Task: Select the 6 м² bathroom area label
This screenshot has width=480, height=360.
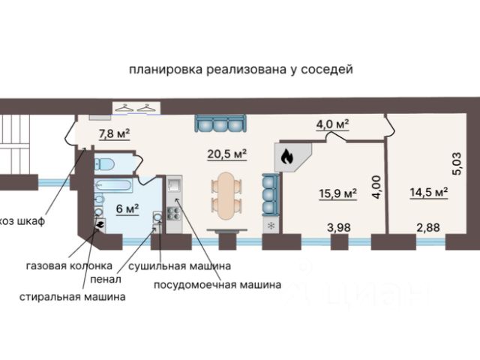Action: (126, 208)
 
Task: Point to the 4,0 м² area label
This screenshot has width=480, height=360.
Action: (334, 123)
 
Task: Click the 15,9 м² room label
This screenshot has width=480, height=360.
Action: (337, 193)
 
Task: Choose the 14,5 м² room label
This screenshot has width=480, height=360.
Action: (429, 192)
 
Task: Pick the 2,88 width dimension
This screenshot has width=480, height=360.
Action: (427, 225)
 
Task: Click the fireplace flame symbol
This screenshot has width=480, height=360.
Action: (286, 156)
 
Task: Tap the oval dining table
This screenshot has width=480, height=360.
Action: (226, 193)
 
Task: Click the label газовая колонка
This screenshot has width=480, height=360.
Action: (69, 266)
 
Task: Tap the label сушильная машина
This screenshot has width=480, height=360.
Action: (178, 266)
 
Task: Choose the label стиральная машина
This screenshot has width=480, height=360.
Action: (73, 297)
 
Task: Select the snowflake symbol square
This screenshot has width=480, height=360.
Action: (271, 225)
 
